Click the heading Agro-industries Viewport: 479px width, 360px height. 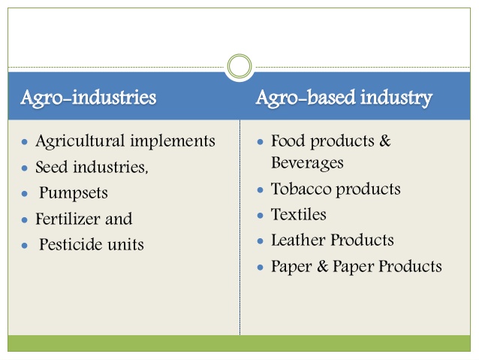[89, 98]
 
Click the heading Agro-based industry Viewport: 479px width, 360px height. [344, 98]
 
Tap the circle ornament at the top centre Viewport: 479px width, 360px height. [239, 67]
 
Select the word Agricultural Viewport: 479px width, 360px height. [80, 141]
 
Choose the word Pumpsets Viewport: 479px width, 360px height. [74, 193]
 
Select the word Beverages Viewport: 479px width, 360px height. [307, 162]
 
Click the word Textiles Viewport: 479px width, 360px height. [299, 214]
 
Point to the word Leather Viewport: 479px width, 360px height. [297, 240]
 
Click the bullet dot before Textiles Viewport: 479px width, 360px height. [261, 216]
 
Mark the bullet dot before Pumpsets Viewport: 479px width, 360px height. [26, 194]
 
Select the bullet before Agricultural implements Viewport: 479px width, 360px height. [26, 142]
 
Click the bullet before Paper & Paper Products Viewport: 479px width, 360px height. [261, 267]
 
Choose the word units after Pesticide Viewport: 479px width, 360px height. [125, 244]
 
